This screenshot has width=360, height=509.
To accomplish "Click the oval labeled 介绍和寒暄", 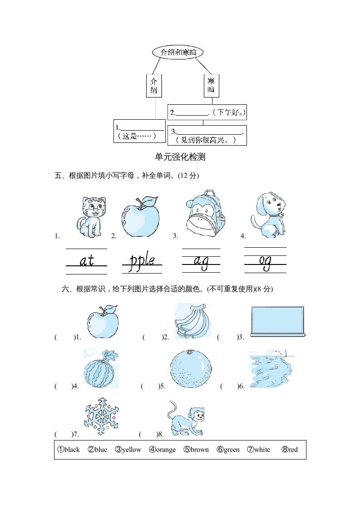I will tap(178, 53).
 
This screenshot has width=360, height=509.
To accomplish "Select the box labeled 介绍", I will tap(154, 86).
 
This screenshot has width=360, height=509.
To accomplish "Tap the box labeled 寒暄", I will tap(211, 86).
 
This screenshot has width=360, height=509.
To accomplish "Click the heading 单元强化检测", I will tap(180, 157).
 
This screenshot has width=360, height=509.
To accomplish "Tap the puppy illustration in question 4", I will tap(268, 215).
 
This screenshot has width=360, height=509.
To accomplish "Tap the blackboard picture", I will tap(277, 321).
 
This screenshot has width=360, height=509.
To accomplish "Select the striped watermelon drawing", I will tap(100, 369).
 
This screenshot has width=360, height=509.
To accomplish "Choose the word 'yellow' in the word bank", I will tap(128, 450).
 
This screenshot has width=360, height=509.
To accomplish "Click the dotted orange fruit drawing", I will tap(191, 369).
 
